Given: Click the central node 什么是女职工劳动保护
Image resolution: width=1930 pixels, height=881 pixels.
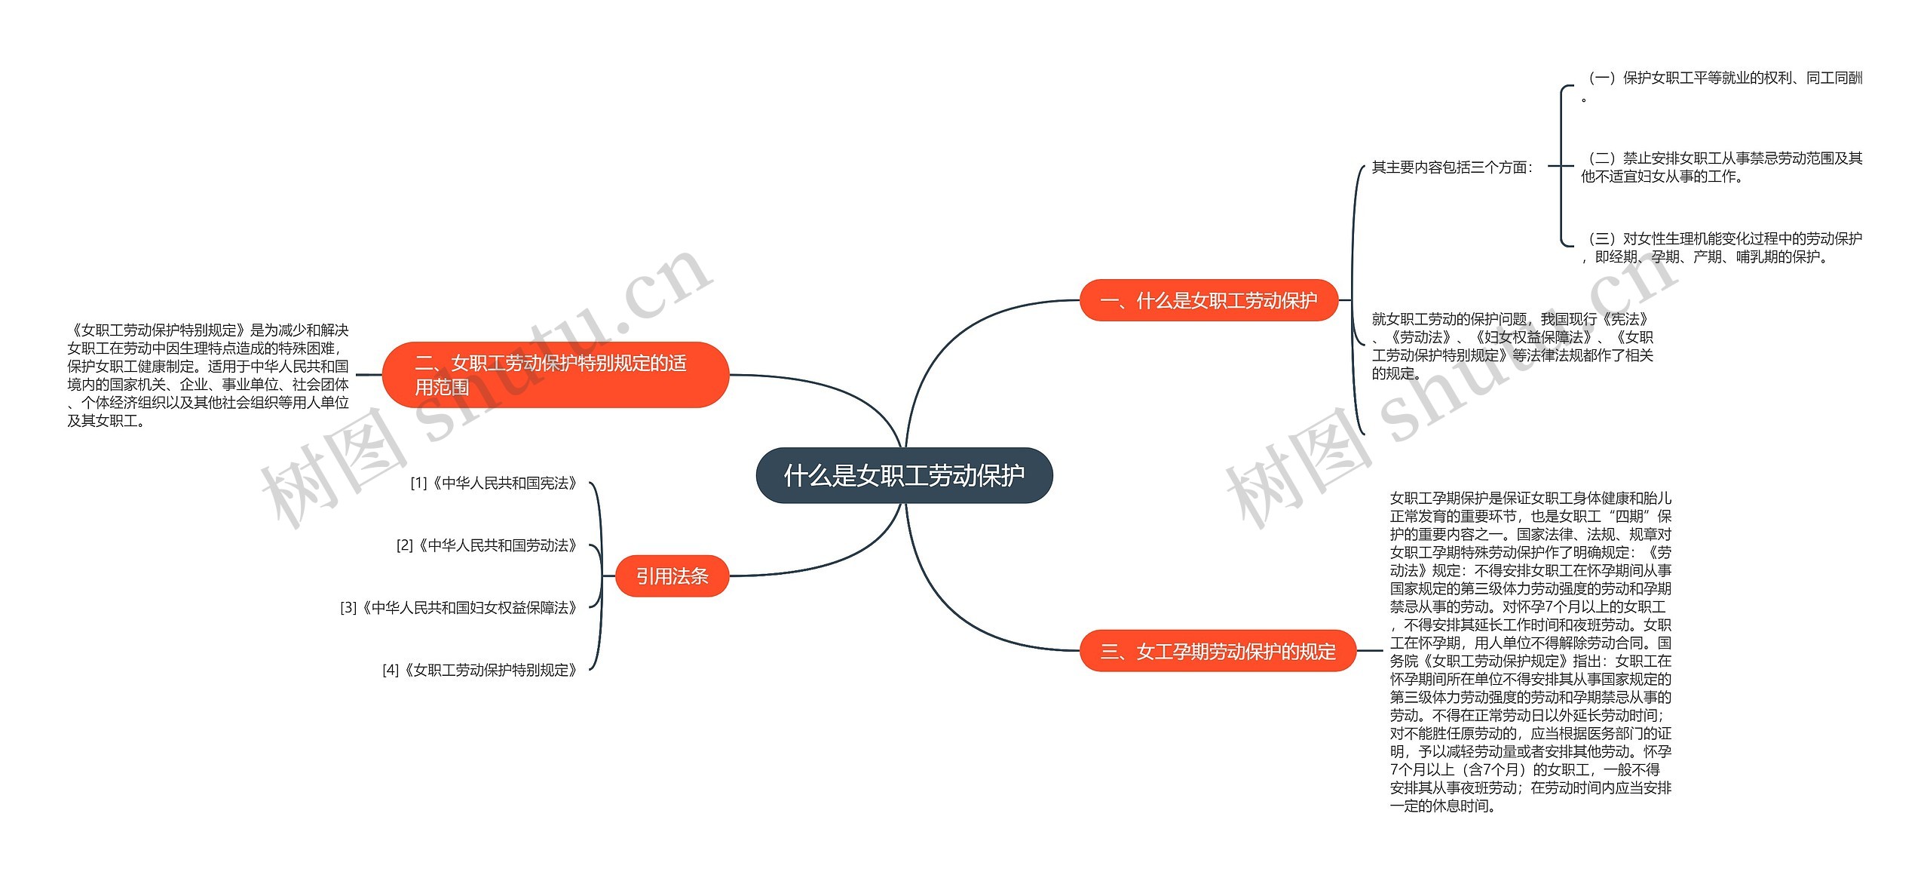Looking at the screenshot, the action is point(904,475).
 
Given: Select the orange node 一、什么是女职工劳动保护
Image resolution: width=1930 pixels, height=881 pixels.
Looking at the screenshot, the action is point(1209,300).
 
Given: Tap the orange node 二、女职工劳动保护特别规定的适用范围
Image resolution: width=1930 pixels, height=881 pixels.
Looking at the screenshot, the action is point(556,375).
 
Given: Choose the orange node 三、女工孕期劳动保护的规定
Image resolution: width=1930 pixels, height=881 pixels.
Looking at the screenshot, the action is point(1218,651).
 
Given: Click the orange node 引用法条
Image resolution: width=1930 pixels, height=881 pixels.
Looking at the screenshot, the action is point(672,576).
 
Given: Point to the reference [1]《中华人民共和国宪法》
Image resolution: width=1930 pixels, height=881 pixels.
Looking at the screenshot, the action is point(494,483).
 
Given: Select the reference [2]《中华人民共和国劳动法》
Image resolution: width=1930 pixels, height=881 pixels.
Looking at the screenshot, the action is point(487,545).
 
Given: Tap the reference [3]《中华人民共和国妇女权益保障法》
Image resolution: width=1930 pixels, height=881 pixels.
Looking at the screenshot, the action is point(459,607).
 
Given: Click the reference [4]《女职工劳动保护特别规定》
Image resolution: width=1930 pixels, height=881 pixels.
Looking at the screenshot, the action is point(480,670).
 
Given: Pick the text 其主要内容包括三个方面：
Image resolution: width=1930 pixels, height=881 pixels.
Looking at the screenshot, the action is point(1452,167).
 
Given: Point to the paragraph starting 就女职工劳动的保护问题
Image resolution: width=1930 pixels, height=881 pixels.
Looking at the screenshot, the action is point(1512,346).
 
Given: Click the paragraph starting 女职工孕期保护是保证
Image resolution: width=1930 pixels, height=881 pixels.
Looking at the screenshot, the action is point(1530,652).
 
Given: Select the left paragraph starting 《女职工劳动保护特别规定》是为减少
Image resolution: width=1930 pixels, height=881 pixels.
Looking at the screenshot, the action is point(208,375).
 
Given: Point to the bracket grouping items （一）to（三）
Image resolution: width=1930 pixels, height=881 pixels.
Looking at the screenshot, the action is point(1563,166).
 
